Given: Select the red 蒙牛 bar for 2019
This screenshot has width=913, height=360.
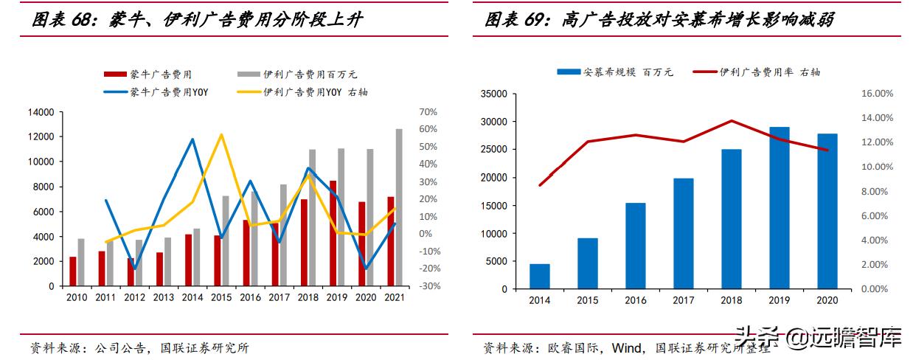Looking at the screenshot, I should point(333,233).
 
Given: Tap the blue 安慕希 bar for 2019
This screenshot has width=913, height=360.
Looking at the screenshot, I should point(779,208).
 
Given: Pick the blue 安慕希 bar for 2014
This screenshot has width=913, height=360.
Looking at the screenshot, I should point(540,276).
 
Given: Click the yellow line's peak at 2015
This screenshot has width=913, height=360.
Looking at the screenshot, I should point(221,135).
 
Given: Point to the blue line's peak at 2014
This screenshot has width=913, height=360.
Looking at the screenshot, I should point(192,139).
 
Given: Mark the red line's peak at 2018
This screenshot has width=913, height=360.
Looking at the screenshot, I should point(732,121).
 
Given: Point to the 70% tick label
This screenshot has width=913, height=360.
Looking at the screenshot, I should point(428,112).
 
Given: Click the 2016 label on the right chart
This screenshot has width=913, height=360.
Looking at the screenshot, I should point(636,301).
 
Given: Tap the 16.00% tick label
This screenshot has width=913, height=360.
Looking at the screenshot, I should point(877,94).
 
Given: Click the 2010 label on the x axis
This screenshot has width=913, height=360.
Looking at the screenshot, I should point(77,297).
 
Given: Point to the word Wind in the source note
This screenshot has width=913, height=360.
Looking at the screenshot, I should point(628,347).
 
